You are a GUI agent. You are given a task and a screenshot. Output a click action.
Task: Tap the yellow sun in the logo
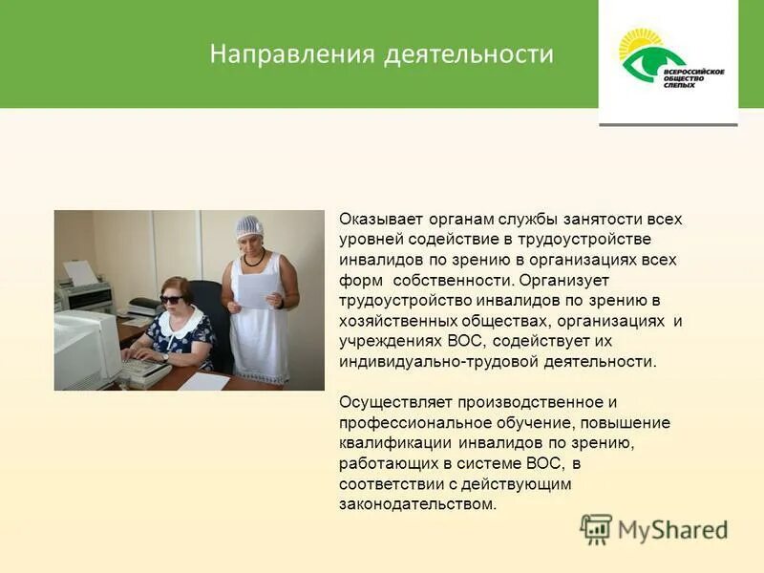coord(639,42)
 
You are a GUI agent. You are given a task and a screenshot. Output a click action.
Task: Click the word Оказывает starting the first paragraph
coord(378,219)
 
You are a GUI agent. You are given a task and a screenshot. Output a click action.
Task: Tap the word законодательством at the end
coord(418,504)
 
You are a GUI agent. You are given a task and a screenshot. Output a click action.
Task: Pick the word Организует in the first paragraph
coord(563,280)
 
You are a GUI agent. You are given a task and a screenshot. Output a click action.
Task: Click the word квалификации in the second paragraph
coord(394,443)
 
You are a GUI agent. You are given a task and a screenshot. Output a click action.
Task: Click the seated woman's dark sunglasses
coord(171,300)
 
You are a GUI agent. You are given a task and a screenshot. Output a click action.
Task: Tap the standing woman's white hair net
coord(249,225)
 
